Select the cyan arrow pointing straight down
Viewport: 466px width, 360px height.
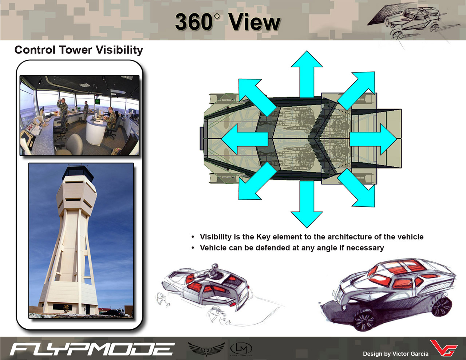[307, 204]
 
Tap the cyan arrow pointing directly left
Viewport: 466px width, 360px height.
[245, 139]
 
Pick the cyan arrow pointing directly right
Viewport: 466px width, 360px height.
[373, 139]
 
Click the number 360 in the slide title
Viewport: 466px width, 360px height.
[194, 22]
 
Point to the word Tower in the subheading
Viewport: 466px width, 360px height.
[75, 50]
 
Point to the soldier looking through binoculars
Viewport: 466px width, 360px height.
[63, 114]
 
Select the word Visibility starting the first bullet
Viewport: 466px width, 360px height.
[216, 237]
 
